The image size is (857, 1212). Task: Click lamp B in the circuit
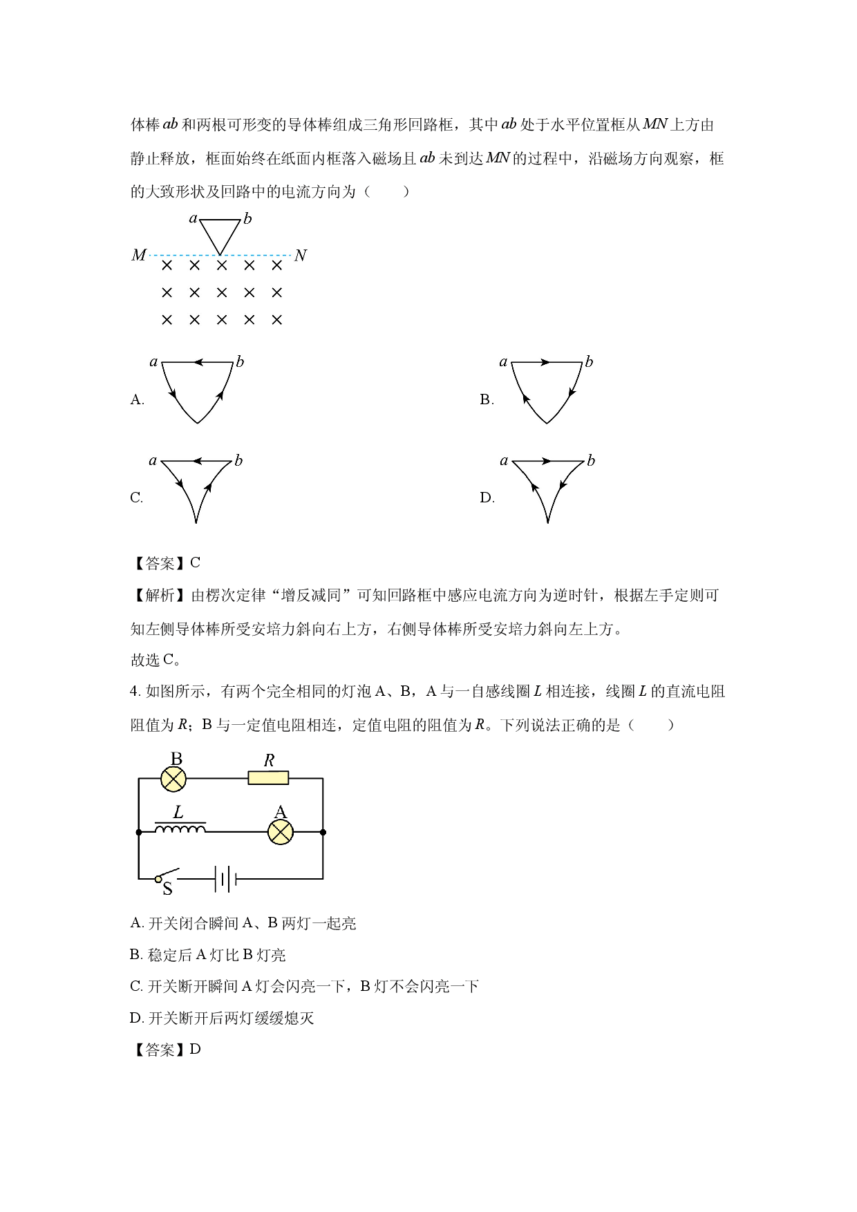[x=173, y=779]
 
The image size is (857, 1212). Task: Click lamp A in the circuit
[x=281, y=832]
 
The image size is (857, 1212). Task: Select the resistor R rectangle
[x=268, y=778]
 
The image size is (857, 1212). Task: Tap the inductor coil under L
[x=180, y=828]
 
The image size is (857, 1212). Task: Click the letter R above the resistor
[x=270, y=761]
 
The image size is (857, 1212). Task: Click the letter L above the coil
[x=178, y=813]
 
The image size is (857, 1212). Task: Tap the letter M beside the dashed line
[x=139, y=256]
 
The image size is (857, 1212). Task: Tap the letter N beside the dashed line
[x=300, y=256]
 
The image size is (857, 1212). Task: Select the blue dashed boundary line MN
[x=180, y=255]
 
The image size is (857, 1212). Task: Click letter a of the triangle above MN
[x=193, y=218]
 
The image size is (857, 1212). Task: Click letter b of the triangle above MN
[x=247, y=219]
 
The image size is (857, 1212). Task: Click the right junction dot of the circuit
[x=323, y=832]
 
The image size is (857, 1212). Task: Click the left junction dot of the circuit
[x=139, y=832]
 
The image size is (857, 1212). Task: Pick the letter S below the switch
[x=167, y=889]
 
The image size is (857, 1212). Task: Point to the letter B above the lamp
[x=176, y=759]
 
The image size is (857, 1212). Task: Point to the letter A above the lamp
[x=280, y=812]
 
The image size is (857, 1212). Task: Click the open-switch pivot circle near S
[x=158, y=879]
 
